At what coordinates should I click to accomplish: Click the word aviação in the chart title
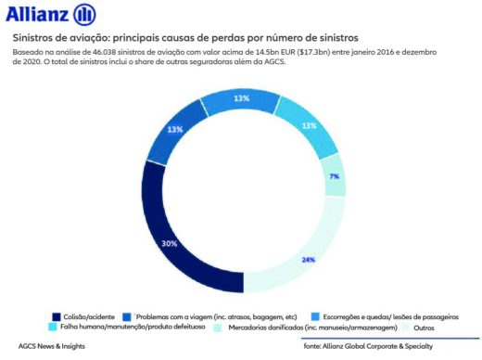coord(84,40)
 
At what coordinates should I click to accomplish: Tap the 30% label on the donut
coord(170,243)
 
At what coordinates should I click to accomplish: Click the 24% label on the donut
coord(308,260)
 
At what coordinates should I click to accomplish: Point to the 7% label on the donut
coord(334,176)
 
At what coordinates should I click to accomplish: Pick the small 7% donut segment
coord(335,176)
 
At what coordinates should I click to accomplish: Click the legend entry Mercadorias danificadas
coord(307,327)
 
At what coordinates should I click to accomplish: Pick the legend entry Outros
coord(423,327)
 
